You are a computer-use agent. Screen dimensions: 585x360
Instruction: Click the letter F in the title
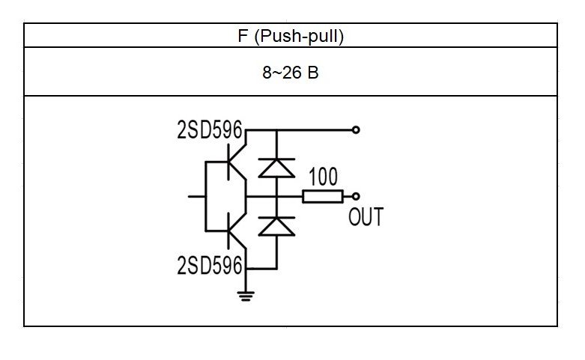coord(243,36)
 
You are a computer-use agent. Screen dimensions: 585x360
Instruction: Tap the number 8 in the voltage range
coord(267,73)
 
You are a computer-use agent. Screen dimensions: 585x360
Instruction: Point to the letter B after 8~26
coord(313,73)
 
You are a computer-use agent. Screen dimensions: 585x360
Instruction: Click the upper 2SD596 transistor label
coord(210,129)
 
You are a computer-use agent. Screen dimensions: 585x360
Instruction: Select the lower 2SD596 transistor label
coord(210,265)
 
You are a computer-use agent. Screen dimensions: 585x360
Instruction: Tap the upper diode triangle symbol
coord(276,168)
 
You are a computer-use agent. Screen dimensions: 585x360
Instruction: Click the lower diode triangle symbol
coord(276,227)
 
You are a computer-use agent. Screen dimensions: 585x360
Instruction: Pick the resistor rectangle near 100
coord(323,196)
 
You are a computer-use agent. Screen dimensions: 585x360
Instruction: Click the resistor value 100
coord(323,177)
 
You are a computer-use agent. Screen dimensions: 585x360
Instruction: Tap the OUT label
coord(366,217)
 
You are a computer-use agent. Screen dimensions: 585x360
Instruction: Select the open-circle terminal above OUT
coord(356,196)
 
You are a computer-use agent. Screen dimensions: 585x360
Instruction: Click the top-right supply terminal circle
coord(356,129)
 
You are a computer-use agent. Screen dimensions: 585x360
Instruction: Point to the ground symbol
coord(246,296)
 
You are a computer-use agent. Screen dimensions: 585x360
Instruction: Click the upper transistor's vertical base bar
coord(228,162)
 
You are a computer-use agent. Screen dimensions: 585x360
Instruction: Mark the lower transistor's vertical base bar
coord(228,231)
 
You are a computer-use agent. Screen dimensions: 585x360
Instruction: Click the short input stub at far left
coord(196,196)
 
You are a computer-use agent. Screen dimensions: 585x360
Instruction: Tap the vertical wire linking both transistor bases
coord(205,196)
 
